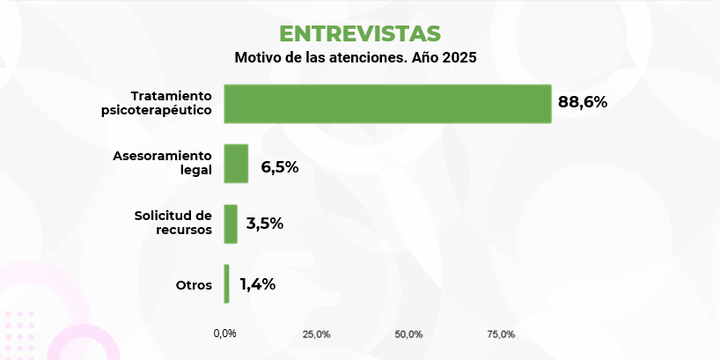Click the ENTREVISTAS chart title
tap(359, 33)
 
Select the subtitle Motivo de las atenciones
tap(322, 59)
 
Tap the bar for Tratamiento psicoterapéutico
tap(387, 103)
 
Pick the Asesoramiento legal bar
tap(236, 164)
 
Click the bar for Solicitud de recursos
tap(231, 224)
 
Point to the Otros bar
tap(226, 283)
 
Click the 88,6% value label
tap(583, 102)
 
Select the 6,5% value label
tap(280, 166)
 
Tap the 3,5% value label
tap(264, 224)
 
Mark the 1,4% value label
tap(258, 283)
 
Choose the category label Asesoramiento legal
tap(163, 163)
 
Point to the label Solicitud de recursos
tap(173, 223)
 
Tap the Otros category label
tap(195, 284)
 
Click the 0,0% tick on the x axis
tap(224, 334)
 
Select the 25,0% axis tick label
tap(317, 334)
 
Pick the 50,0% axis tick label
tap(409, 334)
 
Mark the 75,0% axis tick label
tap(501, 334)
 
